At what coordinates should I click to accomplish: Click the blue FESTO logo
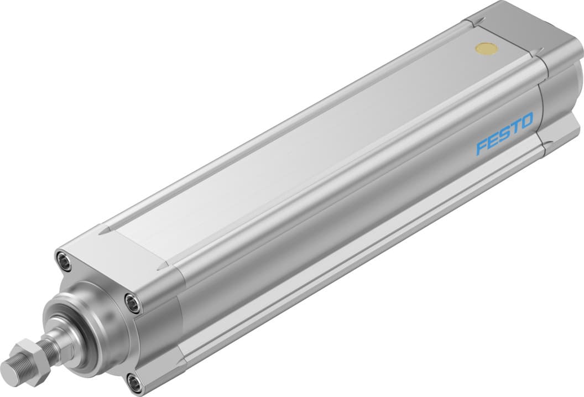coord(505,133)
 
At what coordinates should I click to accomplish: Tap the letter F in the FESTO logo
coord(482,147)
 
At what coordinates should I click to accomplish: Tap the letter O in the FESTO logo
coord(526,120)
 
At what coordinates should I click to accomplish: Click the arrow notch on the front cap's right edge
coord(162,267)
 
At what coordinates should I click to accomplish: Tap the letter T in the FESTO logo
coord(515,127)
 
